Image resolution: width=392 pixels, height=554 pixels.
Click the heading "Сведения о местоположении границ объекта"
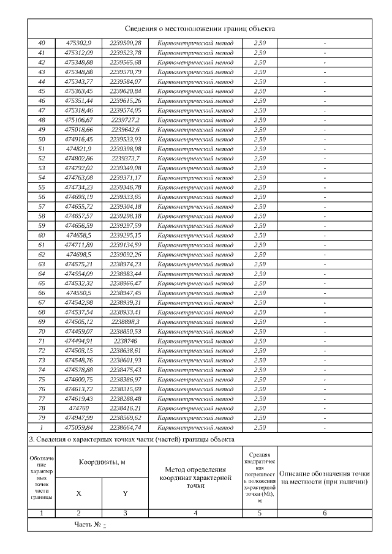pyautogui.click(x=200, y=29)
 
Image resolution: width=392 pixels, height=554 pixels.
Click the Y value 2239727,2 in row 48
pyautogui.click(x=125, y=120)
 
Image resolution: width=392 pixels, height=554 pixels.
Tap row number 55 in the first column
pyautogui.click(x=42, y=187)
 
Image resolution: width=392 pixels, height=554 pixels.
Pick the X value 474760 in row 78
pyautogui.click(x=78, y=408)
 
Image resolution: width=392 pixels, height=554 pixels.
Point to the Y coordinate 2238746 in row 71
pyautogui.click(x=125, y=341)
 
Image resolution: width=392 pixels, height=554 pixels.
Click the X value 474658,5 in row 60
pyautogui.click(x=78, y=235)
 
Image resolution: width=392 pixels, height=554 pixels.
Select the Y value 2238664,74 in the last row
pyautogui.click(x=125, y=427)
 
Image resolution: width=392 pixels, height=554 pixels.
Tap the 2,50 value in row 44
pyautogui.click(x=260, y=81)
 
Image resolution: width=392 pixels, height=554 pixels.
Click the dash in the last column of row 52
pyautogui.click(x=324, y=159)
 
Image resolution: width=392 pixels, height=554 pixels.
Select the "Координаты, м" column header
pyautogui.click(x=102, y=462)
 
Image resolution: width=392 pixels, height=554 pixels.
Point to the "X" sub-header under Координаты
pyautogui.click(x=78, y=493)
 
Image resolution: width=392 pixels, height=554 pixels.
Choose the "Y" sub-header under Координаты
pyautogui.click(x=125, y=493)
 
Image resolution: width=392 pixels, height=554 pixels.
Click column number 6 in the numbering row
pyautogui.click(x=324, y=513)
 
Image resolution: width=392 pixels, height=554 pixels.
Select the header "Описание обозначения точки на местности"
pyautogui.click(x=324, y=477)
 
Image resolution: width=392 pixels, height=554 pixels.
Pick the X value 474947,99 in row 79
pyautogui.click(x=78, y=417)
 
